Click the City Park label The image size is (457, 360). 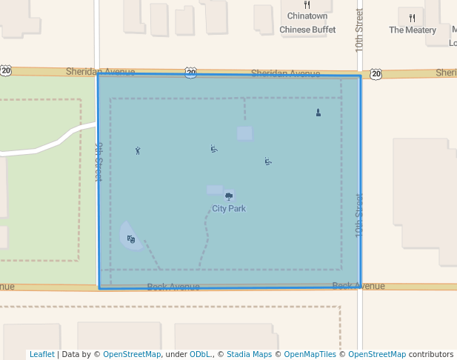coord(229,209)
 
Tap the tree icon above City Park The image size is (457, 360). coord(229,196)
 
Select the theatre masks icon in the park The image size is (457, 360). coord(131,239)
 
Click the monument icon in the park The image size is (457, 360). coord(318,113)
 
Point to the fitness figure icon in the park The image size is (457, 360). coord(138,150)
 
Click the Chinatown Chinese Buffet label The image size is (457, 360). coord(307,24)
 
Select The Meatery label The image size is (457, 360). coord(413,30)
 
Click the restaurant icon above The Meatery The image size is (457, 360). coord(412,18)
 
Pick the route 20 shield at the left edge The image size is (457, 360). coord(6,70)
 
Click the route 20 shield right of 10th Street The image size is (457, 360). coord(376,73)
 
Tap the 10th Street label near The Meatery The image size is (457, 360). coord(359,30)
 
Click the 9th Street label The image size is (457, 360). coord(98,162)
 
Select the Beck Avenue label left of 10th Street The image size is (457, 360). coord(173,287)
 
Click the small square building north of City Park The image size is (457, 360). coord(244,133)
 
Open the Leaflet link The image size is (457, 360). coord(41,355)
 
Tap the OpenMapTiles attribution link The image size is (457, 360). coord(310,355)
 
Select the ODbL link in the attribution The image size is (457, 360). coord(202,355)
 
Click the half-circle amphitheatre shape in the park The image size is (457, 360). coord(130,236)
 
